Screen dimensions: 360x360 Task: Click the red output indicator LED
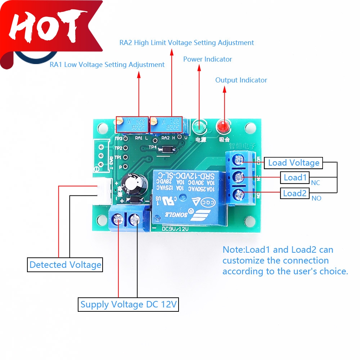pyautogui.click(x=222, y=126)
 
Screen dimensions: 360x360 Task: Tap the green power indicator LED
pyautogui.click(x=198, y=126)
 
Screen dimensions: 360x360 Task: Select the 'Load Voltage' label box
pyautogui.click(x=294, y=163)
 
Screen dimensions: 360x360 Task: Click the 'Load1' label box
pyautogui.click(x=295, y=177)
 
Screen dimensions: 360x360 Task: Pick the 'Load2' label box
pyautogui.click(x=294, y=193)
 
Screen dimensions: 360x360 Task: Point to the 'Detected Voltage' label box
pyautogui.click(x=65, y=265)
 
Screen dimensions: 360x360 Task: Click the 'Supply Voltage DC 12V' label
pyautogui.click(x=129, y=305)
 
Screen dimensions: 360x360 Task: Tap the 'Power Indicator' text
pyautogui.click(x=208, y=59)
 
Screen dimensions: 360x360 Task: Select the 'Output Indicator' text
pyautogui.click(x=241, y=80)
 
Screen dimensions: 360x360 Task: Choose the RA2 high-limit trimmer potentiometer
pyautogui.click(x=167, y=125)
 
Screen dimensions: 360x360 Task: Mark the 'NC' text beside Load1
pyautogui.click(x=315, y=183)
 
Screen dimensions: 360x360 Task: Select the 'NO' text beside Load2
pyautogui.click(x=316, y=198)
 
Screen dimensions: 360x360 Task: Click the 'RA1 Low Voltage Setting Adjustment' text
pyautogui.click(x=107, y=65)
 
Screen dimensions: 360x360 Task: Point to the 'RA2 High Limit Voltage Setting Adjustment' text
pyautogui.click(x=186, y=42)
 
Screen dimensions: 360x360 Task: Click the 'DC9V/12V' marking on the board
pyautogui.click(x=175, y=229)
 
